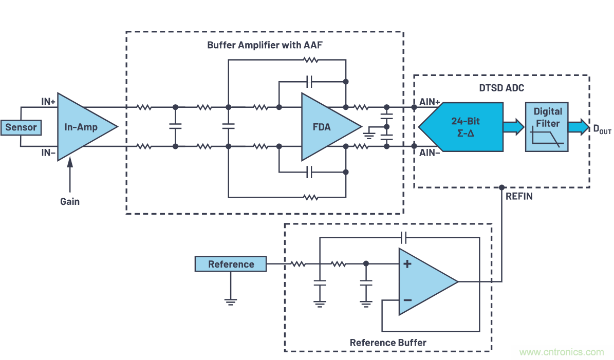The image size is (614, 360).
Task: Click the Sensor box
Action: (21, 127)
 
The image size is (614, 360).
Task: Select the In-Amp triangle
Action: (82, 127)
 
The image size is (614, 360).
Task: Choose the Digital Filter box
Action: (547, 126)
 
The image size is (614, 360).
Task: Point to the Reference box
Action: (231, 264)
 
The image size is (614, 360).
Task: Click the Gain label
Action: (70, 201)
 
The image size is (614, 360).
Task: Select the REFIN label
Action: (518, 196)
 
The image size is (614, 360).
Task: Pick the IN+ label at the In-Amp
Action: (48, 101)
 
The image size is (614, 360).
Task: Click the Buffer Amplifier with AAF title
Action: (265, 45)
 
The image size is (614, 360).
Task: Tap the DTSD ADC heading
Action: (501, 88)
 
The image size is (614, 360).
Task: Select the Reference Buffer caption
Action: (388, 343)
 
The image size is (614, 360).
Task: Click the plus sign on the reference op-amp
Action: (407, 264)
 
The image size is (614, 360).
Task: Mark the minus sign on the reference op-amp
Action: (407, 299)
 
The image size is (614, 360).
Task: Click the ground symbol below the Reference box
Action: (231, 301)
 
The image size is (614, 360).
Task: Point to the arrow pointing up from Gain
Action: (70, 175)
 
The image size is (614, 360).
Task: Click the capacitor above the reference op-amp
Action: (403, 237)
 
